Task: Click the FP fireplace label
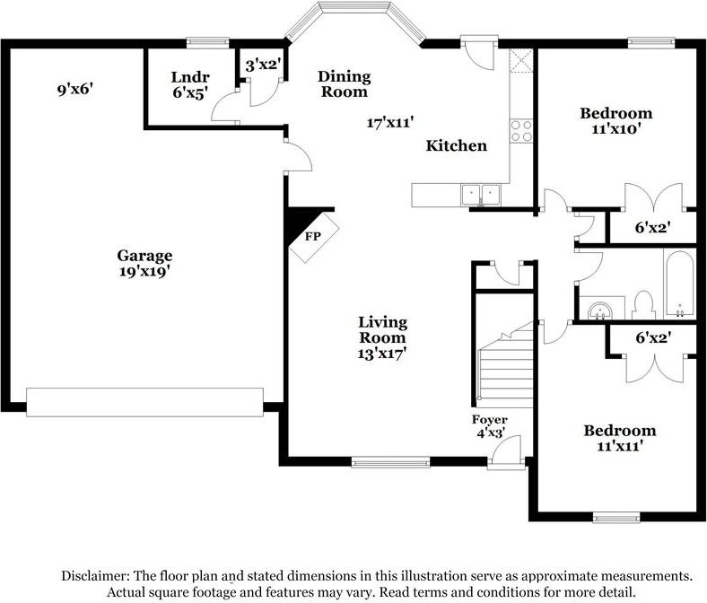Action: click(312, 236)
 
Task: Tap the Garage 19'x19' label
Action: click(144, 264)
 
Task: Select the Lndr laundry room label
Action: click(190, 77)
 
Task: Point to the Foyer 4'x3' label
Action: click(490, 426)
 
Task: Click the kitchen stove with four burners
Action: click(521, 131)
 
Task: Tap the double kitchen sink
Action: click(481, 195)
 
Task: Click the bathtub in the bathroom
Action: click(680, 284)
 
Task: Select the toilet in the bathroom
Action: click(643, 305)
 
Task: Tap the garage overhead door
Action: click(144, 402)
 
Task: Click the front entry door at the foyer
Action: click(506, 452)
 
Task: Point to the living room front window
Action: click(390, 462)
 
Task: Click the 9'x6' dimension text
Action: click(74, 90)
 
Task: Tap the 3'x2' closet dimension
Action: click(263, 65)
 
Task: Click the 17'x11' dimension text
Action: click(390, 122)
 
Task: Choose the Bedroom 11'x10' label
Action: click(615, 120)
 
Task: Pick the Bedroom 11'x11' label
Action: click(620, 438)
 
